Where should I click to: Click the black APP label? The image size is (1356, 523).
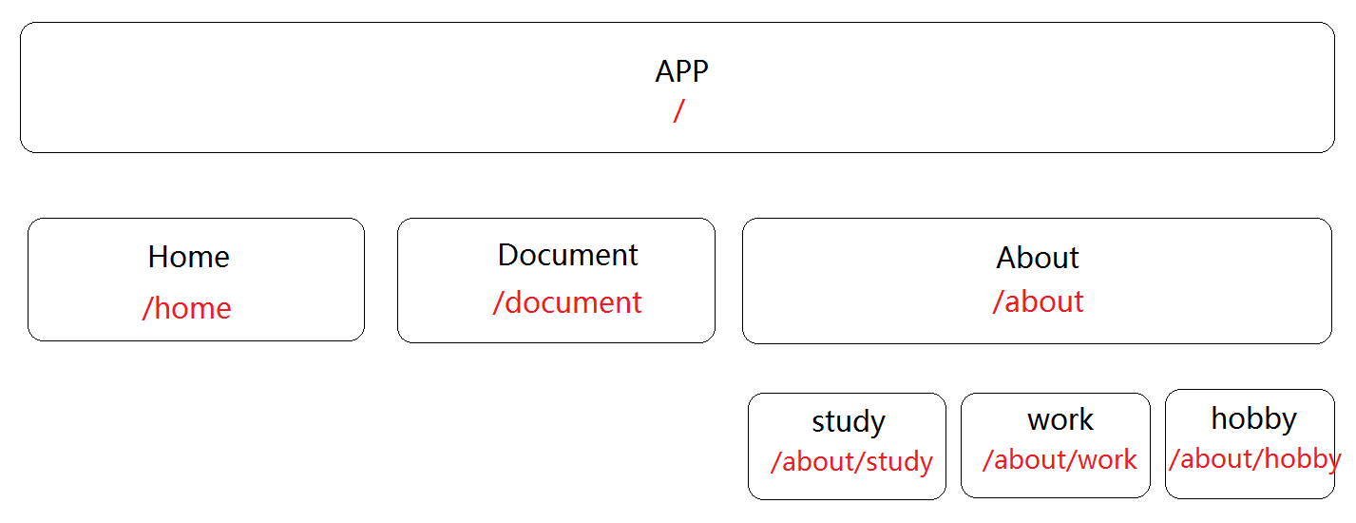pyautogui.click(x=681, y=71)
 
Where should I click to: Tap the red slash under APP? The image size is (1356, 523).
pyautogui.click(x=679, y=111)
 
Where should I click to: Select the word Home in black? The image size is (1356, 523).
pyautogui.click(x=189, y=257)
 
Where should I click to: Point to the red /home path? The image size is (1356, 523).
pyautogui.click(x=187, y=308)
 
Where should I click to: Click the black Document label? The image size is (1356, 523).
pyautogui.click(x=568, y=255)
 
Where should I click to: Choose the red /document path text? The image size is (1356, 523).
pyautogui.click(x=567, y=301)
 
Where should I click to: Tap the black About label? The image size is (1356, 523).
pyautogui.click(x=1038, y=258)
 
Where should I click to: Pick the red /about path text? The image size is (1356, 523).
pyautogui.click(x=1038, y=301)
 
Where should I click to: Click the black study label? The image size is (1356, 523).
pyautogui.click(x=849, y=422)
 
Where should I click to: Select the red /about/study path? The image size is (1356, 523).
pyautogui.click(x=851, y=462)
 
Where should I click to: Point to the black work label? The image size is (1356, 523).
pyautogui.click(x=1060, y=420)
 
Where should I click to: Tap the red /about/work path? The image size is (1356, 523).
pyautogui.click(x=1060, y=460)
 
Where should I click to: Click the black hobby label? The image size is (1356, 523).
pyautogui.click(x=1254, y=419)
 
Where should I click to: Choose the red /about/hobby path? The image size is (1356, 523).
pyautogui.click(x=1255, y=459)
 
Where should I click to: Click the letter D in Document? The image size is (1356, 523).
pyautogui.click(x=508, y=255)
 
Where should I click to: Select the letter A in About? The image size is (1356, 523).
pyautogui.click(x=1006, y=258)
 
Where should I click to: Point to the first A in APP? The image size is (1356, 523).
pyautogui.click(x=664, y=72)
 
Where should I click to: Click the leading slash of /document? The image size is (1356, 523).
pyautogui.click(x=499, y=301)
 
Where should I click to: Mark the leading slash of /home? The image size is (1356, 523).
pyautogui.click(x=148, y=308)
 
